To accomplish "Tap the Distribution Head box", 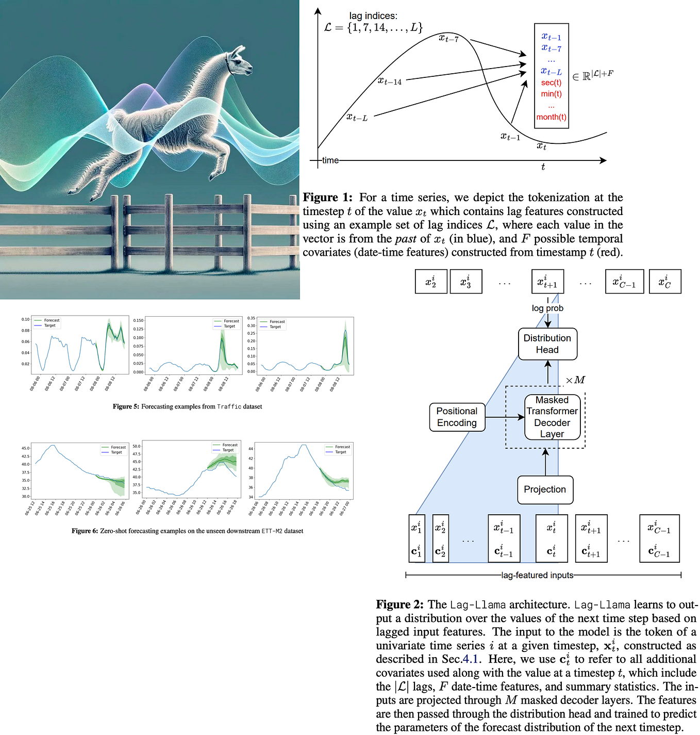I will (547, 344).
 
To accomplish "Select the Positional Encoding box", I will (457, 417).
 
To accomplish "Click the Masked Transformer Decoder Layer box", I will (552, 417).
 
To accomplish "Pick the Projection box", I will (545, 489).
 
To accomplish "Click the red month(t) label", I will (551, 117).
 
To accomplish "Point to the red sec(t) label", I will (551, 83).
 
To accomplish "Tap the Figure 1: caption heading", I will (327, 198).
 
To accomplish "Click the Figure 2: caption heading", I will (399, 605).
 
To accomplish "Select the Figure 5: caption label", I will (126, 406).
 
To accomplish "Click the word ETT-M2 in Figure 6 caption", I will (272, 531).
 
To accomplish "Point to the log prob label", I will (547, 308).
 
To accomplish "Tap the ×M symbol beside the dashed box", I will (575, 380).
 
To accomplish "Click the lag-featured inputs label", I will (537, 575).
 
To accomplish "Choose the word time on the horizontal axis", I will (330, 160).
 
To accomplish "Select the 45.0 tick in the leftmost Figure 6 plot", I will (25, 448).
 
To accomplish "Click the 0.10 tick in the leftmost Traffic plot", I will (25, 319).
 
